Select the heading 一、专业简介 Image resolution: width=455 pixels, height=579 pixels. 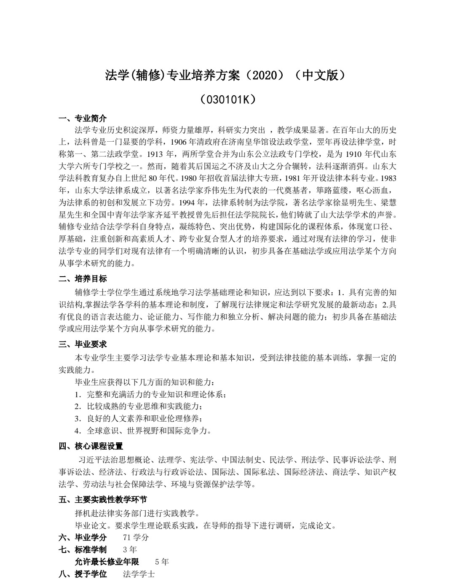click(x=83, y=118)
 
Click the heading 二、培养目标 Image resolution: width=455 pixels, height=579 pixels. click(x=83, y=278)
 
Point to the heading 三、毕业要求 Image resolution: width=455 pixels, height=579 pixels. click(x=83, y=344)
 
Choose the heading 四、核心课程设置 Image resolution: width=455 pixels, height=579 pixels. click(x=91, y=446)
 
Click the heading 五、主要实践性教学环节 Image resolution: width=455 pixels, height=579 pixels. click(x=103, y=500)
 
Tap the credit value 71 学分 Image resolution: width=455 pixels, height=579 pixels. click(x=136, y=537)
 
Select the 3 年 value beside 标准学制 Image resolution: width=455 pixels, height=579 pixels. click(x=130, y=549)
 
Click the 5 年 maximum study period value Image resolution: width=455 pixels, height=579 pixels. click(x=162, y=562)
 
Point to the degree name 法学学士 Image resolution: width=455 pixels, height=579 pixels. click(x=139, y=574)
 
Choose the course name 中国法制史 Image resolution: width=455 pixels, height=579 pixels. click(x=242, y=460)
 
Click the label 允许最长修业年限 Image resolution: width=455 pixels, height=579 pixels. click(x=107, y=562)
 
